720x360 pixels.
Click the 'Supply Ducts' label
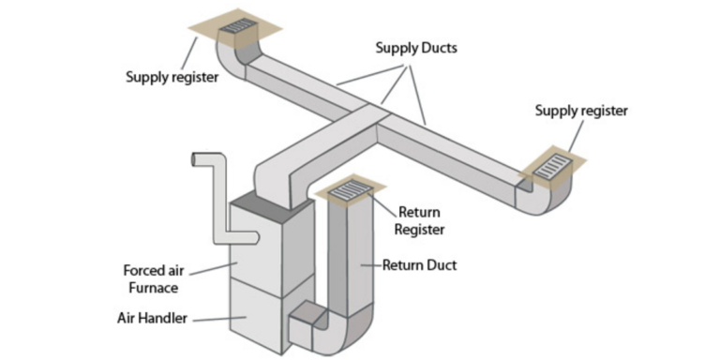point(416,47)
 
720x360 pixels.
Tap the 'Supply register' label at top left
point(172,77)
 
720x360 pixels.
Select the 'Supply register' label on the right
point(581,111)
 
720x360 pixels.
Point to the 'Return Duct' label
point(419,265)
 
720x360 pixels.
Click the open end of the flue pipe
point(196,160)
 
